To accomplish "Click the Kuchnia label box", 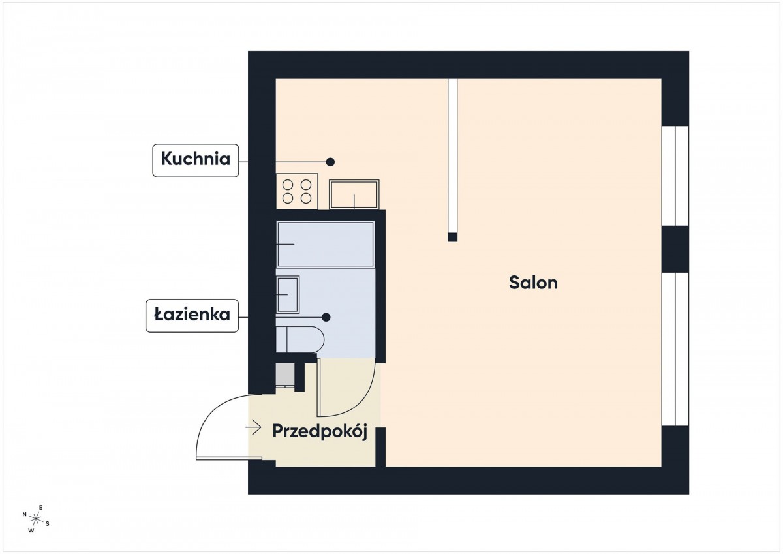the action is coord(196,161).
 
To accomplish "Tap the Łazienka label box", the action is coord(192,316).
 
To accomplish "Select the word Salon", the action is coord(533,283).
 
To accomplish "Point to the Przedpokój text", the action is coord(320,432).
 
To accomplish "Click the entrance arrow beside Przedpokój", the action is coord(253,427).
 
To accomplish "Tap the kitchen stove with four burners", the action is coord(297,191).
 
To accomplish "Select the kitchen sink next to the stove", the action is coord(354,194).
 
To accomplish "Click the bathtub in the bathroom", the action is coord(326,244).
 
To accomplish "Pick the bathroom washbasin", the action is coord(288,295).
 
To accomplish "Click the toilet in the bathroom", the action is coord(300,339).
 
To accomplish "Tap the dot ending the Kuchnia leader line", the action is coord(330,162).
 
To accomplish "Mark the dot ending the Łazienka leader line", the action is coord(326,317).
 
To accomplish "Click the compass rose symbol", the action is coord(36,519).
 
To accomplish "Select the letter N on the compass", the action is coord(25,514).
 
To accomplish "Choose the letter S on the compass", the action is coord(48,523).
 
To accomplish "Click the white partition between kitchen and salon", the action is coord(453,156).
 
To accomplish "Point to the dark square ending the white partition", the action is coord(453,238).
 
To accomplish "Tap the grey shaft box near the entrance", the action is coord(285,375).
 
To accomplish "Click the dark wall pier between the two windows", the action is coord(675,249).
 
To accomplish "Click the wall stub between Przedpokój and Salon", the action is coord(380,447).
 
